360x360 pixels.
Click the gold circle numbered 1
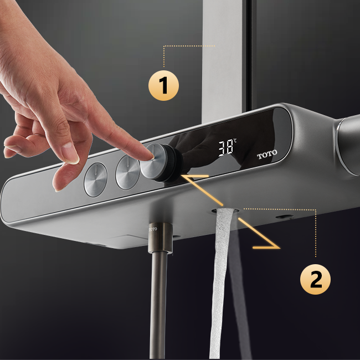[163, 85]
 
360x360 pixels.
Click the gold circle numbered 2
[316, 279]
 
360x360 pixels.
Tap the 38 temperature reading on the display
[225, 149]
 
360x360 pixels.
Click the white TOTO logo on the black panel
[267, 155]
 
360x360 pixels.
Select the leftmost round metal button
[95, 179]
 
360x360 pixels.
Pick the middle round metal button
[127, 172]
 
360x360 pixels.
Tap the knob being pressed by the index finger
[152, 161]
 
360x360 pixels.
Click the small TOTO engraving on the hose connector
[153, 229]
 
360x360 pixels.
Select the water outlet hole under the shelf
[225, 211]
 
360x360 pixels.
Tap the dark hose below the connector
[158, 305]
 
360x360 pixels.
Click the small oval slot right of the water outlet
[285, 216]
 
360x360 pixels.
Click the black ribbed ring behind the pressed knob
[173, 163]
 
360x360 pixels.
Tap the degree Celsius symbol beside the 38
[235, 141]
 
